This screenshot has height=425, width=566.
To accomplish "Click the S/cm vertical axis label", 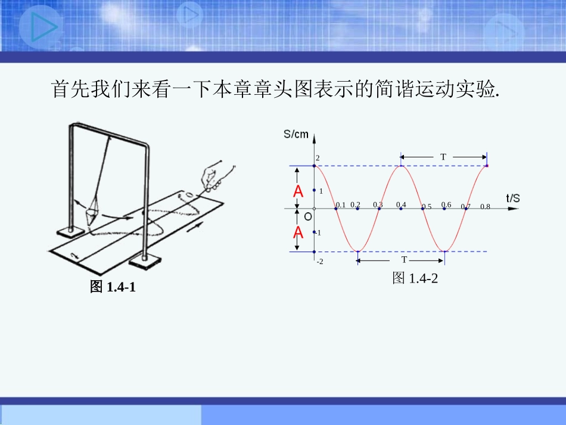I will (x=296, y=134).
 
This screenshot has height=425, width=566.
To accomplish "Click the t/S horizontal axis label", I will (x=513, y=198).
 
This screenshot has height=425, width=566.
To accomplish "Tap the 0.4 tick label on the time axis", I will (x=401, y=204).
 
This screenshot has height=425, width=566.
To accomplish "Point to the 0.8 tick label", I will (x=485, y=207).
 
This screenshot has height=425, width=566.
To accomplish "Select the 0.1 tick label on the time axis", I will (x=341, y=204).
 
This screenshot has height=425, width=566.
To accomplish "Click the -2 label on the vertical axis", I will (x=320, y=261).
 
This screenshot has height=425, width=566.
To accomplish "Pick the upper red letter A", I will (x=298, y=191).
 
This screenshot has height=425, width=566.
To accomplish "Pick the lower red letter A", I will (x=298, y=232).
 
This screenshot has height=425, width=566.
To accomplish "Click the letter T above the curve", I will (x=443, y=157).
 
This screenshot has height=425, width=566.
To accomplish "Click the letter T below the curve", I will (x=404, y=260).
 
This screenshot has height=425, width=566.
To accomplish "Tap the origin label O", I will (x=308, y=216).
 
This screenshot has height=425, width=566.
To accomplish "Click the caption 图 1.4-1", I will (x=113, y=287).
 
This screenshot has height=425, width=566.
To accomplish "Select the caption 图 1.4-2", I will (x=415, y=278).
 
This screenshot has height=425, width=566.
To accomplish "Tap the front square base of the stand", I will (x=145, y=259).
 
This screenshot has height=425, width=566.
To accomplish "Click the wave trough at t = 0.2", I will (x=357, y=251).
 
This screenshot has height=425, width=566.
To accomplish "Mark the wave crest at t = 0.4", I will (x=402, y=166).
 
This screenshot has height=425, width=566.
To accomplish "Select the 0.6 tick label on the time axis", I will (x=446, y=204).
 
